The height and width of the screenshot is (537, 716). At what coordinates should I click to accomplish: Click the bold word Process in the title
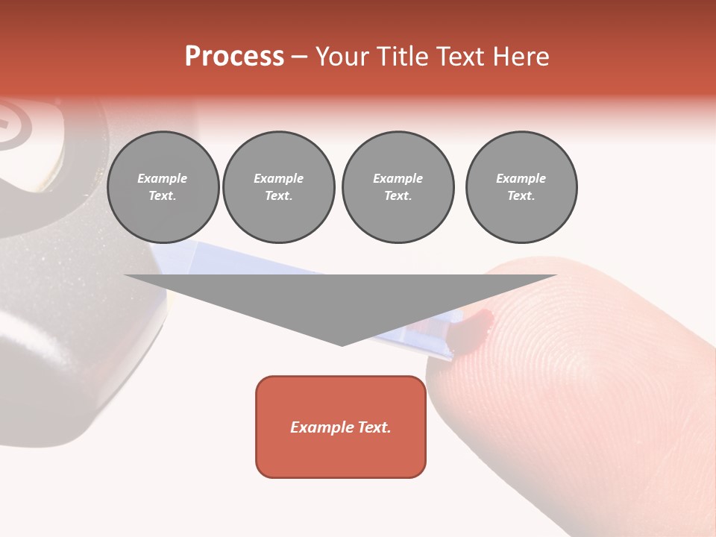pos(234,57)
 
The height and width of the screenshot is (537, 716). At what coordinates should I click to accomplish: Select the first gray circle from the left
pos(163,187)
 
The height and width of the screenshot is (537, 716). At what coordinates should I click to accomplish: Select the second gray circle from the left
pos(279,187)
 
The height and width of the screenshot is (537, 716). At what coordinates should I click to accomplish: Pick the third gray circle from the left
pos(398,187)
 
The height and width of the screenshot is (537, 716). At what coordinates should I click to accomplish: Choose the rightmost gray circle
pos(521,187)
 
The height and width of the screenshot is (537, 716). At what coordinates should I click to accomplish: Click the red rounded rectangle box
pos(341,427)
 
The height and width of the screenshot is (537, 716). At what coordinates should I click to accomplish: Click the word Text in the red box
pos(373,427)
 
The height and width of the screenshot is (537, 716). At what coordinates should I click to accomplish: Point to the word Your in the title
pos(342,57)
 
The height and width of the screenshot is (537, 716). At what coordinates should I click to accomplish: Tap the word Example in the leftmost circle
pos(163,178)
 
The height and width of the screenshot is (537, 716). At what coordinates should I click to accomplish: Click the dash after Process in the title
pos(299,57)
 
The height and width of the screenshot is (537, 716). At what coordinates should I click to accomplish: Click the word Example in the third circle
pos(398,178)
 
